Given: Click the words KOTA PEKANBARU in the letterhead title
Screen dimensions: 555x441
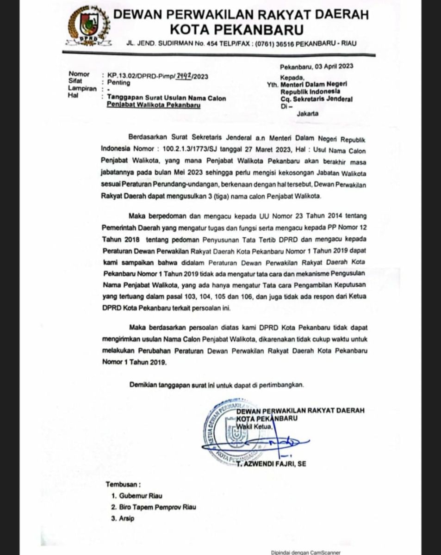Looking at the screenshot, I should pyautogui.click(x=236, y=30).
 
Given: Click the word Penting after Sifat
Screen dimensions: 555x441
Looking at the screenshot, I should pyautogui.click(x=119, y=83).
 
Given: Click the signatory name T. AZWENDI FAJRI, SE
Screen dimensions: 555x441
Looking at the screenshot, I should pyautogui.click(x=271, y=464).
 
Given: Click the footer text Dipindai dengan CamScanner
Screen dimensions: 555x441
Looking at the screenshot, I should pyautogui.click(x=306, y=552).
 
